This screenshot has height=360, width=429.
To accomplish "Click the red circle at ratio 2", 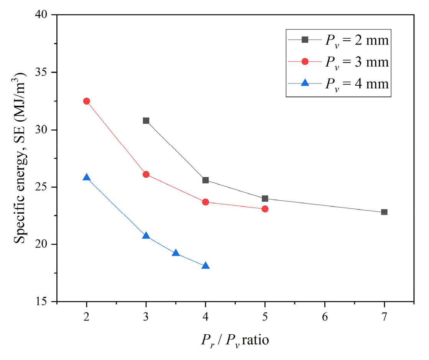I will tap(86, 101).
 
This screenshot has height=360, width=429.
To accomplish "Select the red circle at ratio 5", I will tap(265, 209).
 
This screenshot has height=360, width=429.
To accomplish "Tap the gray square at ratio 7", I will tap(384, 212).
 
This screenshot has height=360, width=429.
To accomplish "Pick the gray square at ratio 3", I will tap(146, 121).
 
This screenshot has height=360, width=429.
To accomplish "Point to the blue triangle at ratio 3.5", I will tap(176, 253).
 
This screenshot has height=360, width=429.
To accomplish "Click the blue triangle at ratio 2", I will tap(86, 177).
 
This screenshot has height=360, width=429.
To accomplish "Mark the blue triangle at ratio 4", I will tap(205, 266).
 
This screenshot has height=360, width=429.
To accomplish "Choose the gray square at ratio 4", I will tap(205, 180).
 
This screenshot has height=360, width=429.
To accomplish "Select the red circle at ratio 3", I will tap(146, 174).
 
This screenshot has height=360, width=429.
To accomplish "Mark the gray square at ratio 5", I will tap(265, 198).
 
